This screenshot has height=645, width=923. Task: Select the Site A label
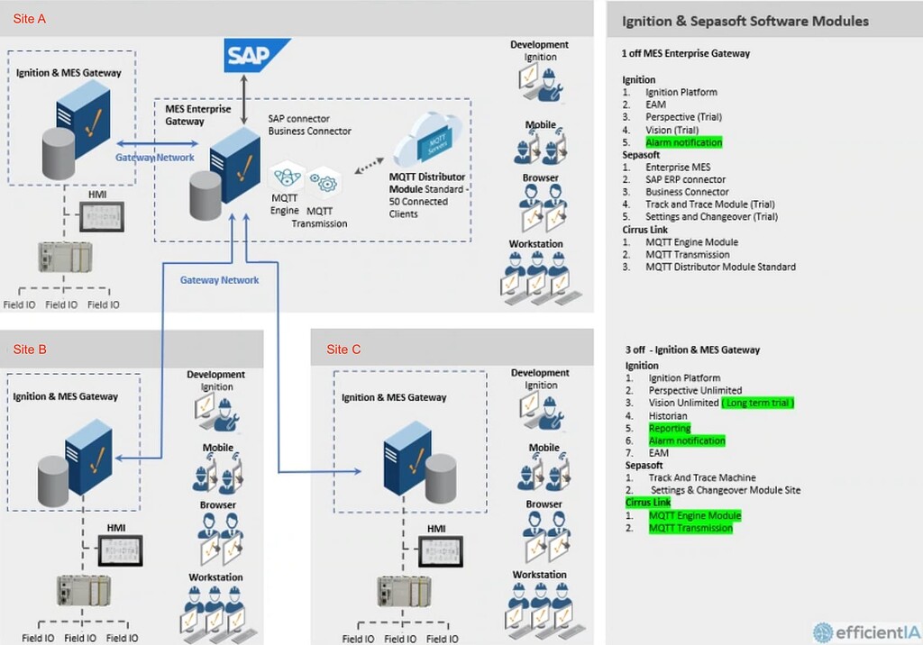click(x=29, y=19)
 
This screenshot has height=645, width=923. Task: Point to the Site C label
click(x=343, y=350)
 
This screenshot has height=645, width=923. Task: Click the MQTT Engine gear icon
click(x=286, y=177)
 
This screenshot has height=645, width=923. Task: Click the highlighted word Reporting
click(x=669, y=429)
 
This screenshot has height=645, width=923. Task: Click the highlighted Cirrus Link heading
click(x=648, y=503)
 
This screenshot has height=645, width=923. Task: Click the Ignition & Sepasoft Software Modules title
click(x=745, y=21)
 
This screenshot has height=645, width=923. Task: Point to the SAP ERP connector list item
click(x=685, y=179)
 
